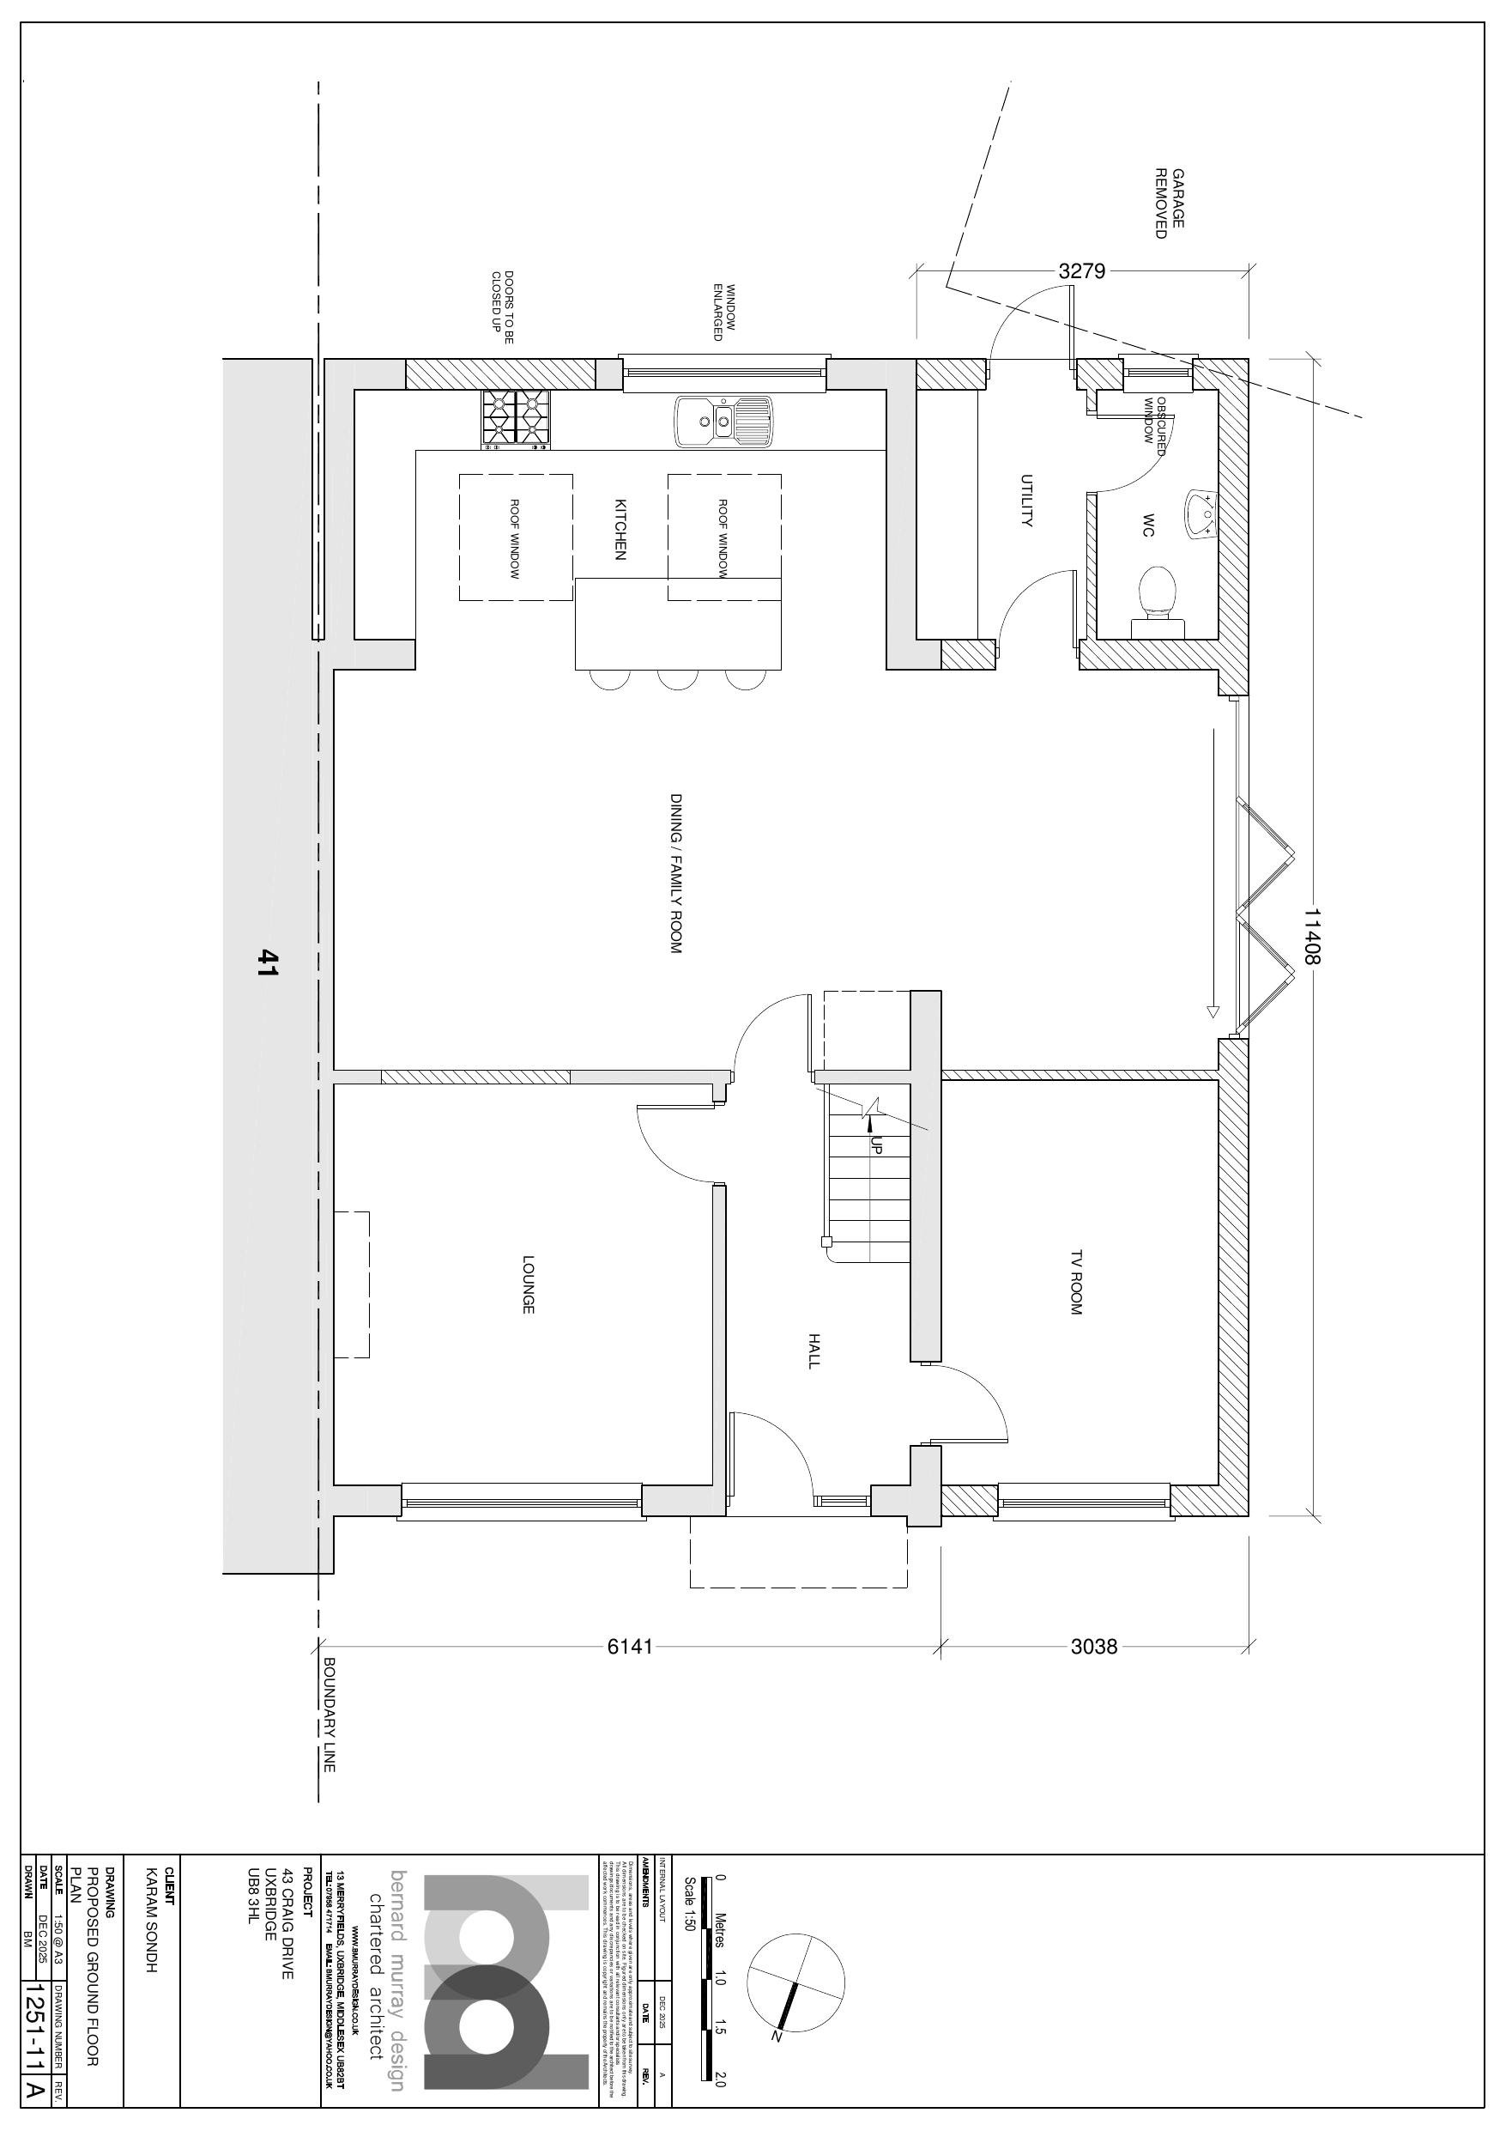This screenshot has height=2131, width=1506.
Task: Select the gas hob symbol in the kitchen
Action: pos(515,421)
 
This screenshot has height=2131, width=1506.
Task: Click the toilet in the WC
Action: pos(1157,598)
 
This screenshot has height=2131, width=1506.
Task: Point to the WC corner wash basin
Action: pos(1203,513)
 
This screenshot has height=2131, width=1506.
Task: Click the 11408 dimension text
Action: pos(1311,936)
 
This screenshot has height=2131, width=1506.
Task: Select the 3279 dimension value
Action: pos(1082,272)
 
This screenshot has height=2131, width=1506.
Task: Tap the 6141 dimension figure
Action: pos(630,1647)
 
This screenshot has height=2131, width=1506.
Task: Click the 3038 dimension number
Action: pos(1094,1647)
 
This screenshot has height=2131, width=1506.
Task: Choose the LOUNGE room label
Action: pos(528,1284)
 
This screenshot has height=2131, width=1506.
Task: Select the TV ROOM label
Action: pos(1076,1282)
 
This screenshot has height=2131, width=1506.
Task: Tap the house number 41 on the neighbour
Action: pos(269,962)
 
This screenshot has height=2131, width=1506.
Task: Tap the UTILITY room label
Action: pos(1026,501)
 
